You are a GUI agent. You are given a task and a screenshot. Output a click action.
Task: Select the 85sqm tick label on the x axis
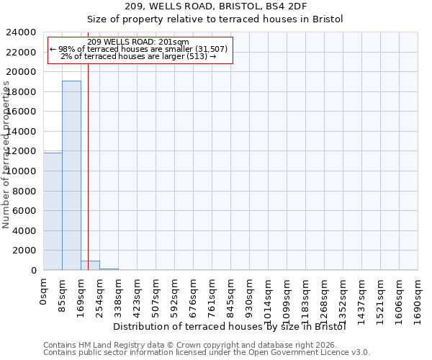tap(63, 290)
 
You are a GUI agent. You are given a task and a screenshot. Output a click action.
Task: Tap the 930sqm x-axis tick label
tap(250, 292)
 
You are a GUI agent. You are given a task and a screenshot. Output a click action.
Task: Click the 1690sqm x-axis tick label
tap(418, 294)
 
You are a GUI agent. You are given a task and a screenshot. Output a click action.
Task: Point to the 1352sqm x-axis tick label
tap(343, 294)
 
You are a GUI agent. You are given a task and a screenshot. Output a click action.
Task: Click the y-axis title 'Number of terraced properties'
tap(7, 155)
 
